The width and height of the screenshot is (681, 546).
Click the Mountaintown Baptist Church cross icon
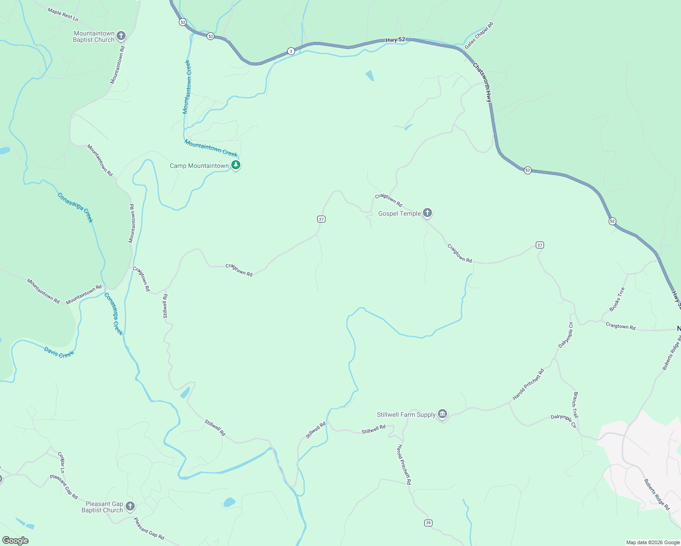(121, 35)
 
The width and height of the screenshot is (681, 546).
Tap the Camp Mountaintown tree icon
(235, 165)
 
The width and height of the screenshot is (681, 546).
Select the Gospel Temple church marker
(427, 212)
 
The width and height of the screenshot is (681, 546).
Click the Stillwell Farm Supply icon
(442, 414)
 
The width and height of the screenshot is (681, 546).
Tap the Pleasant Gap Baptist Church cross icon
(130, 506)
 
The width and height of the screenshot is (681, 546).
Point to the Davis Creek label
(59, 352)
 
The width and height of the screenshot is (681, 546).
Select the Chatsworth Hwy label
(482, 82)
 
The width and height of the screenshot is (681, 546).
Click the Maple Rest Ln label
(63, 15)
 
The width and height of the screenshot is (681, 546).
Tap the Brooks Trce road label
(617, 299)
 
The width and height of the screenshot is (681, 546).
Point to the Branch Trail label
(576, 405)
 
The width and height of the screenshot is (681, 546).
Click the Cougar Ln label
(61, 462)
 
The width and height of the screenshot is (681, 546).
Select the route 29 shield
(428, 523)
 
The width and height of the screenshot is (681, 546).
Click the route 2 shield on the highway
(291, 51)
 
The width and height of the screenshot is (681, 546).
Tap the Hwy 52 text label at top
(395, 40)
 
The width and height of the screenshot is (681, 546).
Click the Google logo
(15, 541)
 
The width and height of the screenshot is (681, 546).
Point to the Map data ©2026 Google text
(652, 542)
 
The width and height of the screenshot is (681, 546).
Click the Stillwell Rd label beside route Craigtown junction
(165, 306)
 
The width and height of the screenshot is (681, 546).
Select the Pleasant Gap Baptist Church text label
(104, 507)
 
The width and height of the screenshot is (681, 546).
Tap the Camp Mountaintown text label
(199, 166)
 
